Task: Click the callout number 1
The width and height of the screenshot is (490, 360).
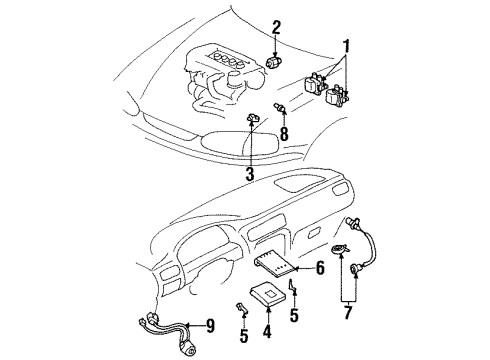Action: point(347,47)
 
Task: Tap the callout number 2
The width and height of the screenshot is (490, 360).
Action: point(276,27)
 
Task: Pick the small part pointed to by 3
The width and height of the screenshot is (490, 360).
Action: point(251,120)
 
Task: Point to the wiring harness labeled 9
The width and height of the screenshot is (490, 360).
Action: point(160,327)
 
